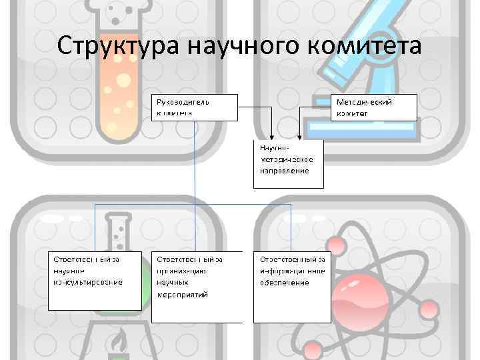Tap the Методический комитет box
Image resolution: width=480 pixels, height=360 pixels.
(374, 107)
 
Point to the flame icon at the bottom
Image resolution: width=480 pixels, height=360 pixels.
(120, 343)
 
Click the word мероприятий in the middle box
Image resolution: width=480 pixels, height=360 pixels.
(183, 294)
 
